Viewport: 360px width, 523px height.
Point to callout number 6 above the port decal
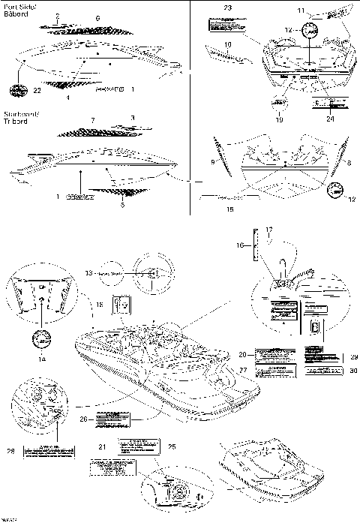[97, 17]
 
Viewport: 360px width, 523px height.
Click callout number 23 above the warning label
[227, 7]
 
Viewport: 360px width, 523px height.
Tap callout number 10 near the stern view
[226, 44]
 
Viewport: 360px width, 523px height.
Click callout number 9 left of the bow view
[212, 161]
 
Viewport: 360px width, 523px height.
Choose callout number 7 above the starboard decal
[92, 120]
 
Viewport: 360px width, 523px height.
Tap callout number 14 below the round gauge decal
[42, 359]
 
